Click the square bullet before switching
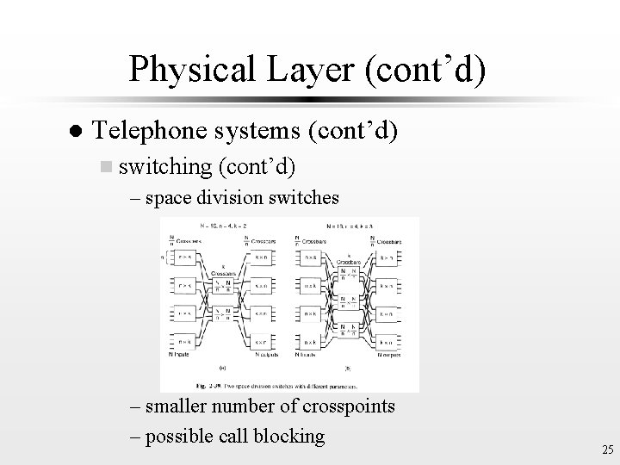(x=106, y=165)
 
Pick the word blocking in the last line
(x=286, y=436)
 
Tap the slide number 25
(x=606, y=449)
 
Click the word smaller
(x=178, y=405)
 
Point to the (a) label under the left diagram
(x=222, y=364)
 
